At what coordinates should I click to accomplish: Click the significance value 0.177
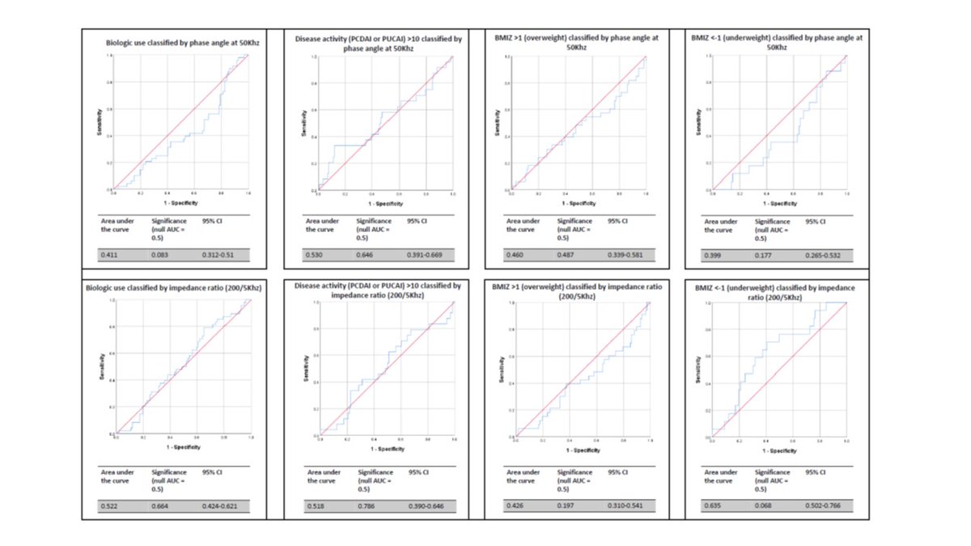click(x=764, y=256)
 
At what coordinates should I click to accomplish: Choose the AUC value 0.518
click(x=315, y=506)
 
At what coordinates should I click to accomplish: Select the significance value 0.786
click(x=367, y=506)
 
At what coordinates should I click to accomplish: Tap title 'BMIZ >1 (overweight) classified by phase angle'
click(x=577, y=42)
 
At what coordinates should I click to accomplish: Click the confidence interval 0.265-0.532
click(x=825, y=256)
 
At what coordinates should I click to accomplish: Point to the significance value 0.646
click(x=367, y=256)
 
